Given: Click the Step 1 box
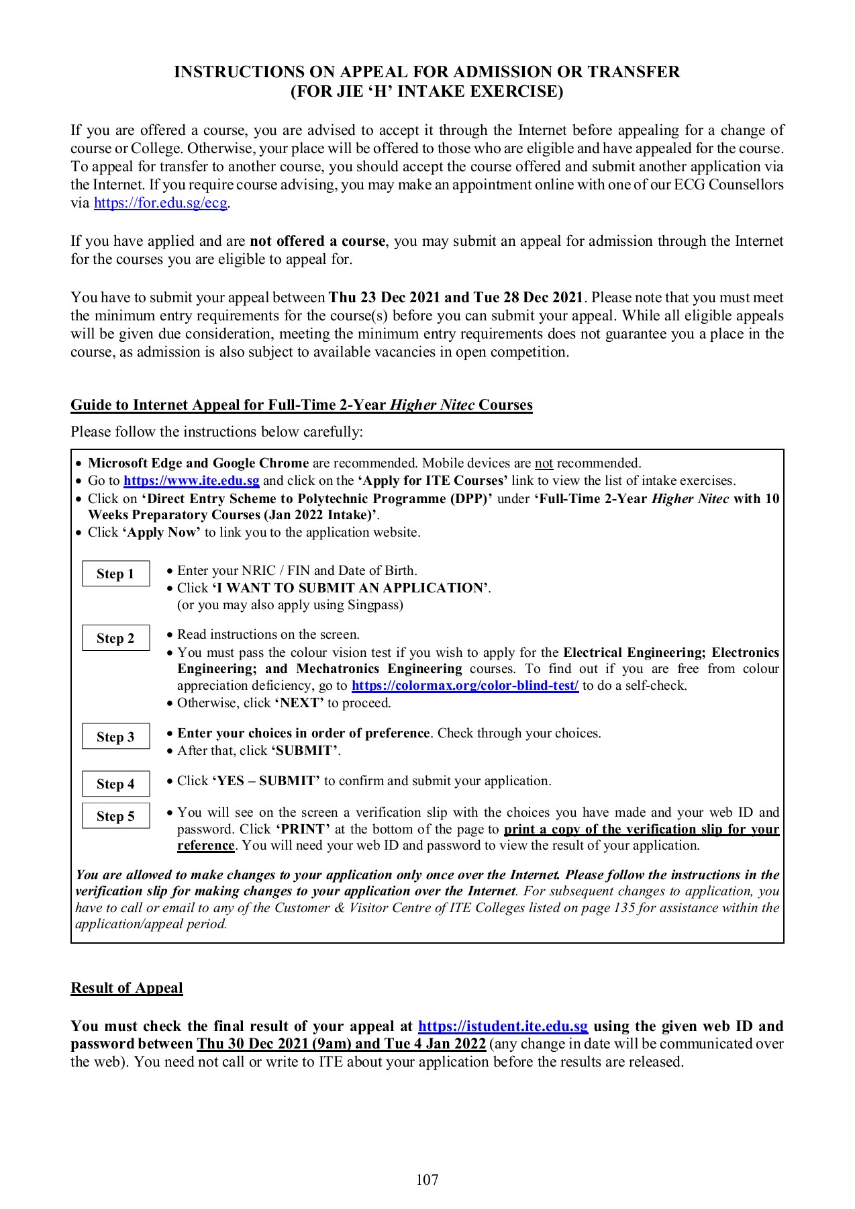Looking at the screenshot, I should tap(115, 574).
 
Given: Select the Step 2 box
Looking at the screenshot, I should tap(115, 638).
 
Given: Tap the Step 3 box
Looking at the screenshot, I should tap(115, 737).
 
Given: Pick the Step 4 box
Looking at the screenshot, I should tap(115, 784).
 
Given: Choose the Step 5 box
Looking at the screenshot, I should tap(115, 816).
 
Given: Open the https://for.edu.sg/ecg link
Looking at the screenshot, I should tap(160, 203).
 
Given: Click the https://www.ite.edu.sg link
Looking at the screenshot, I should tap(191, 481).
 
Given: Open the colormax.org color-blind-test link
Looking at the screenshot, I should tap(464, 686).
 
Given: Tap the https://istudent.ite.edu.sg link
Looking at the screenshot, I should tap(503, 1026).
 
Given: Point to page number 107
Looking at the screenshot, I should tap(427, 1179).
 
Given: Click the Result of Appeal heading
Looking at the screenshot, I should tap(127, 988).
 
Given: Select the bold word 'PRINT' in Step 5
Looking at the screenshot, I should tap(303, 830).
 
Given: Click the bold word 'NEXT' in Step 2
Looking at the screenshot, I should tap(299, 703).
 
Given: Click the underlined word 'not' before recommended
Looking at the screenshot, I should tap(544, 463).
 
